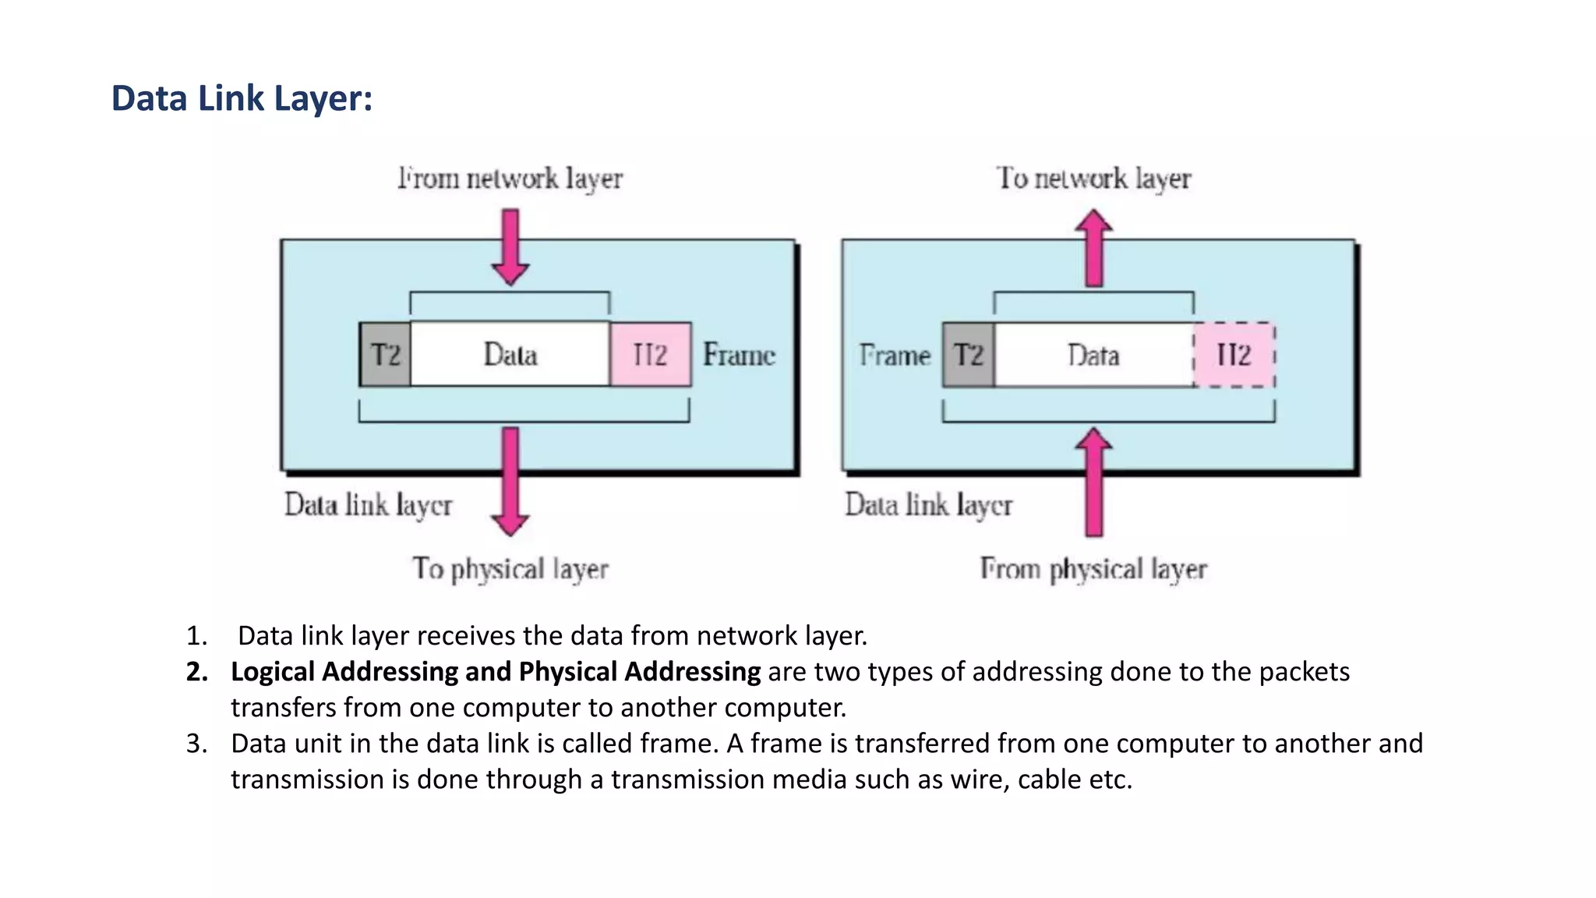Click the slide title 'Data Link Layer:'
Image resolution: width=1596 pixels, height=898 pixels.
coord(242,99)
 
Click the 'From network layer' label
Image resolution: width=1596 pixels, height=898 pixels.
coord(510,179)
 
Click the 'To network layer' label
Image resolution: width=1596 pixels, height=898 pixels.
coord(1093,179)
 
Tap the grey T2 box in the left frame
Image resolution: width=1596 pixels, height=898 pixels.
coord(385,355)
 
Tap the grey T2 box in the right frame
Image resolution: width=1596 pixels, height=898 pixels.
coord(968,355)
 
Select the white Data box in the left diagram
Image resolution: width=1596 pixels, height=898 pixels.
coord(510,355)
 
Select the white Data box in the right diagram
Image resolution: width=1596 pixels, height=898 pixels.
coord(1093,355)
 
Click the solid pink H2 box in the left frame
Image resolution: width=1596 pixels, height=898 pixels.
coord(650,355)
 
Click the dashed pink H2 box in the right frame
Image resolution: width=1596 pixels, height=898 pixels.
coord(1234,355)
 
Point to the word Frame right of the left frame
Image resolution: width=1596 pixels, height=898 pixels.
coord(739,355)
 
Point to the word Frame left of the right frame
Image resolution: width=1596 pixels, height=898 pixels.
coord(895,355)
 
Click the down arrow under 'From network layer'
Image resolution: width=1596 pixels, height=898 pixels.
coord(510,246)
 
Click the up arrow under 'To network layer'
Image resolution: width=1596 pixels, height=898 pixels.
coord(1094,248)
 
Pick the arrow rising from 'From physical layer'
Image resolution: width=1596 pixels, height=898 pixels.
coord(1094,483)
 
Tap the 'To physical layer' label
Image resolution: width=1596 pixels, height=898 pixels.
coord(510,569)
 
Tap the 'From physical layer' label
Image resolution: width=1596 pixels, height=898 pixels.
coord(1093,569)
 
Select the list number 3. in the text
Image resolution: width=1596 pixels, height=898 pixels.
coord(196,744)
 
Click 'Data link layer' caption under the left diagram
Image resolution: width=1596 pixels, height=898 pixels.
coord(368,505)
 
